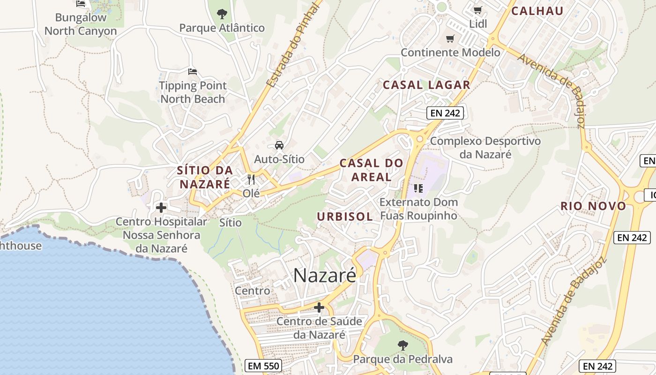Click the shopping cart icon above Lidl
coord(477,10)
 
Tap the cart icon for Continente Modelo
coord(450,38)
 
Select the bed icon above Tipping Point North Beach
coord(192,72)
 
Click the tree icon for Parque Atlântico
coord(222,14)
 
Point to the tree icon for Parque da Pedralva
coord(403,346)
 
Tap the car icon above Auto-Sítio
coord(279,145)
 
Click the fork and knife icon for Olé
coord(251,180)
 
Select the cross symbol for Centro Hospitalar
coord(161,207)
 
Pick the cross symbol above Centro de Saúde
coord(319,307)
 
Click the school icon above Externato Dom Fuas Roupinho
coord(418,188)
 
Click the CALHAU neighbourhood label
coord(537,11)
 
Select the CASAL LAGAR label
coord(426,85)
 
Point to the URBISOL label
coord(345,217)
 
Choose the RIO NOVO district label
coord(593,206)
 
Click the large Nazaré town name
coord(325,276)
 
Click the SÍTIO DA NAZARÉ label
coord(205,177)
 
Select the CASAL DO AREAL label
coord(371,170)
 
